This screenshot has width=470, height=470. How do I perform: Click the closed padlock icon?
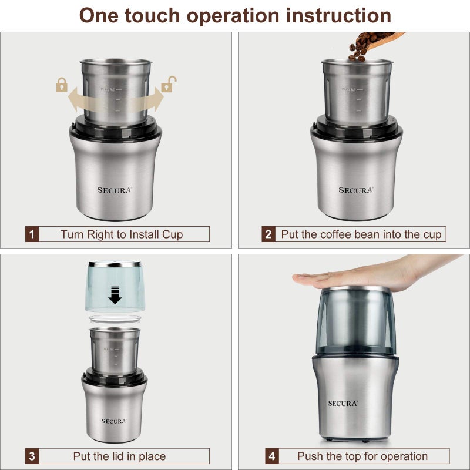(62, 86)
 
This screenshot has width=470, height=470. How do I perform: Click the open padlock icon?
(169, 84)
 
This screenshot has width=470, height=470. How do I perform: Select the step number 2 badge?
(268, 234)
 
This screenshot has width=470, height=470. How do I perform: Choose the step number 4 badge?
(271, 456)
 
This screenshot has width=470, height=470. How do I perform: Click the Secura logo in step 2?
(355, 190)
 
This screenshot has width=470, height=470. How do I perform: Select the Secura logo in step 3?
(114, 421)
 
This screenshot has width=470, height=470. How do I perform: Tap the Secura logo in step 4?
(343, 403)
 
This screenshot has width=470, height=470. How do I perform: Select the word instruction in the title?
(338, 15)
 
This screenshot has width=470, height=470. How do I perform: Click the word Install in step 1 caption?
(131, 234)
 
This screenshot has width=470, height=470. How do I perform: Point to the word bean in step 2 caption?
(370, 234)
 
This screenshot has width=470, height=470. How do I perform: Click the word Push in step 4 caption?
(309, 456)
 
